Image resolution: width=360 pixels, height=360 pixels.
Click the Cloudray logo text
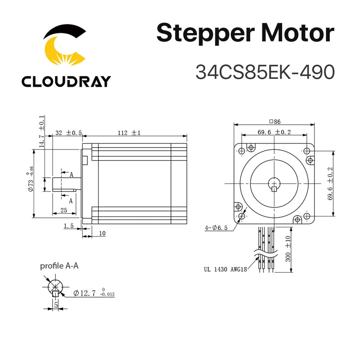pyautogui.click(x=66, y=81)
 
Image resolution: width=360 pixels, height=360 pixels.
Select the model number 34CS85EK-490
pyautogui.click(x=265, y=72)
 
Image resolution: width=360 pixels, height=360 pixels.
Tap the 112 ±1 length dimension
pyautogui.click(x=130, y=133)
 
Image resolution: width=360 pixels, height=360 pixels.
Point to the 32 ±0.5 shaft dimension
pyautogui.click(x=68, y=133)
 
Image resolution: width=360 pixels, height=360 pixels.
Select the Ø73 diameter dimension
pyautogui.click(x=30, y=182)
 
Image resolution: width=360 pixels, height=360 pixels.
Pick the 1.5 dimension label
pyautogui.click(x=69, y=227)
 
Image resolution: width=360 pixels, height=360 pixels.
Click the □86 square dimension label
pyautogui.click(x=274, y=121)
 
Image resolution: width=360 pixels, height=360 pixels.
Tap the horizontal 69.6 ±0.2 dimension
pyautogui.click(x=274, y=132)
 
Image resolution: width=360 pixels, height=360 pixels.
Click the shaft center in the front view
pyautogui.click(x=274, y=183)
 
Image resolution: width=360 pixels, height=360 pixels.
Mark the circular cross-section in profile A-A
pyautogui.click(x=55, y=287)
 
